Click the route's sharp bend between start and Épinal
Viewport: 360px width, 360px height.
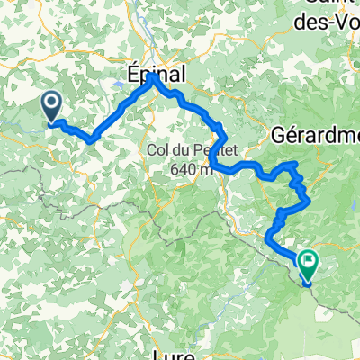coord(92,139)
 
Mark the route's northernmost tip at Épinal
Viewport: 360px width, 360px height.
coord(153,77)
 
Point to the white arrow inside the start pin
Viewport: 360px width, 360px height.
coord(51,105)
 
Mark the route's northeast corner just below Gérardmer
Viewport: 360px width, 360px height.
coord(296,163)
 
